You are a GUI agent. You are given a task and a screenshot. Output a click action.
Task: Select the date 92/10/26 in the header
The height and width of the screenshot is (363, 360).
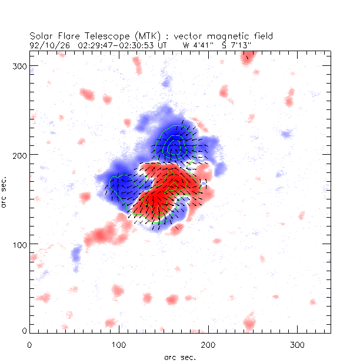[x=45, y=44]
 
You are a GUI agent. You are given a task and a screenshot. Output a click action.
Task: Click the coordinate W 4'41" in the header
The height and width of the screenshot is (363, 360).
[x=199, y=44]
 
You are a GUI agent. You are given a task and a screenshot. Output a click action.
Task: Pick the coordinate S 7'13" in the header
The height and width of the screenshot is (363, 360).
[x=235, y=44]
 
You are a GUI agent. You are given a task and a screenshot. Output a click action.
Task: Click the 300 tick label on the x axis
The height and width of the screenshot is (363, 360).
[x=297, y=344]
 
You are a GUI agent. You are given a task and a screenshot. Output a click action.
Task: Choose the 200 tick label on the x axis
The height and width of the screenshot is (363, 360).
[x=208, y=344]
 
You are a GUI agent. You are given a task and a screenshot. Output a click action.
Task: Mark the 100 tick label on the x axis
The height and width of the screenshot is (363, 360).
[x=119, y=344]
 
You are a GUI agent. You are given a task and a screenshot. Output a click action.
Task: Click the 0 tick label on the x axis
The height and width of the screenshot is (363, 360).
[x=29, y=344]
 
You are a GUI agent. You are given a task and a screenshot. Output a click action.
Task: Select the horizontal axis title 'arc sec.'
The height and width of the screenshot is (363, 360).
[x=180, y=357]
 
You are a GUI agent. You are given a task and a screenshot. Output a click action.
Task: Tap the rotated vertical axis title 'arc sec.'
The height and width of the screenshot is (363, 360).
[x=5, y=191]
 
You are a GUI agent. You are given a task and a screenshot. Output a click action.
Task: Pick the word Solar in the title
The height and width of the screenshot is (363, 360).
[x=42, y=35]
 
